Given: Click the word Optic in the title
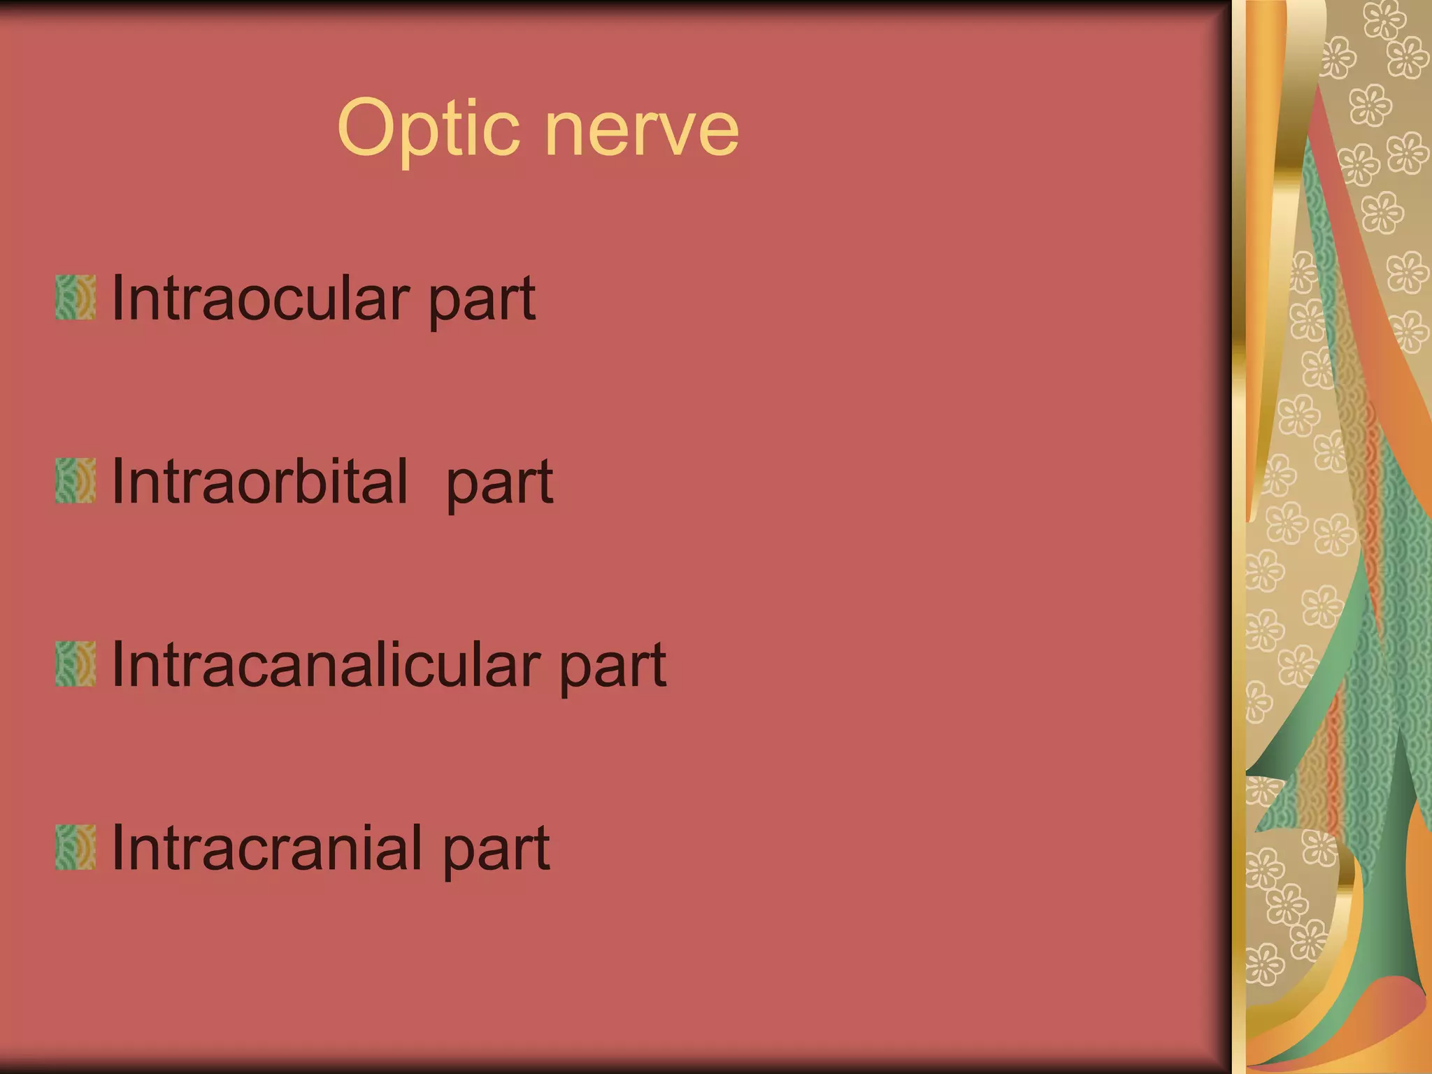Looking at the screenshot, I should [428, 129].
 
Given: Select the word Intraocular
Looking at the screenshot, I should [259, 299].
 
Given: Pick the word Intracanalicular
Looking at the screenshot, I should [326, 664].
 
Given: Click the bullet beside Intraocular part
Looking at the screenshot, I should [76, 298].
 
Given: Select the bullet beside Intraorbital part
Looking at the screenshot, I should [76, 481].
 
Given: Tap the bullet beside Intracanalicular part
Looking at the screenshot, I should [76, 664].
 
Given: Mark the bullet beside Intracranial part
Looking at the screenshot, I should [76, 847].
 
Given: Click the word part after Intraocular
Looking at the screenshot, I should [482, 302].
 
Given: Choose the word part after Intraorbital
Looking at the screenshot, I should [499, 485].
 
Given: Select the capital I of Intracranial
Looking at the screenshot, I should [117, 847].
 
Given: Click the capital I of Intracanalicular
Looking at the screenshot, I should [117, 664].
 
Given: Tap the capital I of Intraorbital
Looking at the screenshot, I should [117, 481].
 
